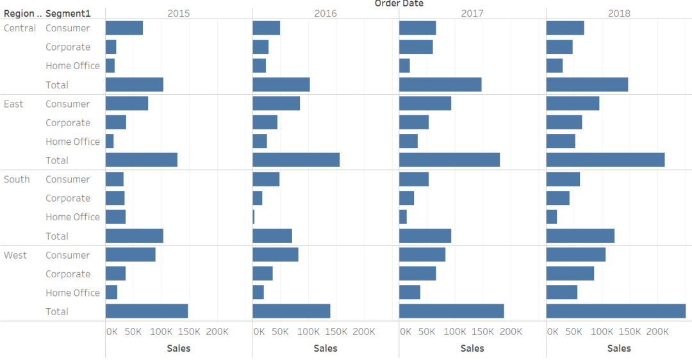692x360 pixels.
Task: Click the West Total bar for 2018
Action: (616, 311)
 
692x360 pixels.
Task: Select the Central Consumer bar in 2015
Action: (124, 28)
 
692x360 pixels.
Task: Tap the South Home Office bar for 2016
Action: (254, 217)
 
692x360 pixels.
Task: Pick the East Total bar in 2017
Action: (449, 160)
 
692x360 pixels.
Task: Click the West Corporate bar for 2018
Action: (570, 274)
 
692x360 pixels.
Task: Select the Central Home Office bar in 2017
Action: (404, 66)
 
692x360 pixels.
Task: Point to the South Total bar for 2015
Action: (135, 236)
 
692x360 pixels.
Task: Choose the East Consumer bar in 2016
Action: (276, 104)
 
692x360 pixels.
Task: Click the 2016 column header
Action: (325, 13)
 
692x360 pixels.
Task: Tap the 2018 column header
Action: (619, 13)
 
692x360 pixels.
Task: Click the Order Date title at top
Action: (399, 4)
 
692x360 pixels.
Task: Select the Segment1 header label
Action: (68, 13)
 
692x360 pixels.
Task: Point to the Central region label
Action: (20, 28)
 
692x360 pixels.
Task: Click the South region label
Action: (17, 179)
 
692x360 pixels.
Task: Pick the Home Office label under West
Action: (72, 293)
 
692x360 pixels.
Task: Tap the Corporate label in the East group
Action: (68, 123)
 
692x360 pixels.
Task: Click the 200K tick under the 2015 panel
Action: (217, 332)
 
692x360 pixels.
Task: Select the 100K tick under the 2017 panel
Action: (455, 332)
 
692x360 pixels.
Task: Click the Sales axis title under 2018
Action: (619, 348)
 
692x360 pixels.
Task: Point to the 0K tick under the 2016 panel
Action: (259, 332)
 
